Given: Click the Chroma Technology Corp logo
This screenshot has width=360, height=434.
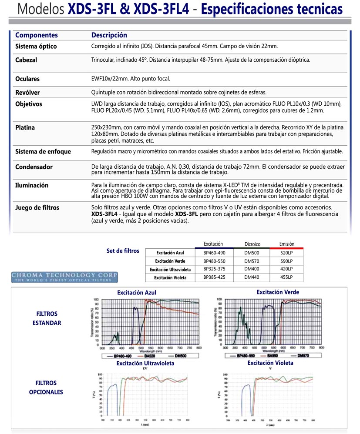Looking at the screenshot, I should pyautogui.click(x=64, y=277).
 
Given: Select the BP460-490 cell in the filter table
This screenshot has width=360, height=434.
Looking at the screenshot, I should pyautogui.click(x=214, y=252).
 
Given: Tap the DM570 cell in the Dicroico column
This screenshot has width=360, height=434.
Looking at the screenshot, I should pyautogui.click(x=251, y=261).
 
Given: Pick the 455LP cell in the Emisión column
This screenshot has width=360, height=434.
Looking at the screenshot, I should pyautogui.click(x=286, y=277).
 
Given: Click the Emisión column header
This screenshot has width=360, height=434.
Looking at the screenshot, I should pyautogui.click(x=286, y=244).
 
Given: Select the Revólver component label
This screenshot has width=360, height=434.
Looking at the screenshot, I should pyautogui.click(x=27, y=93).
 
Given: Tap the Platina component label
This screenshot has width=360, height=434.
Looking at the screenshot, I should pyautogui.click(x=25, y=128).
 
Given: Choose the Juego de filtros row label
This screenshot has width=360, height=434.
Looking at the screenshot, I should pyautogui.click(x=37, y=207).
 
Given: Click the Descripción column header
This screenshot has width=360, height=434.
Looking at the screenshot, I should pyautogui.click(x=109, y=35).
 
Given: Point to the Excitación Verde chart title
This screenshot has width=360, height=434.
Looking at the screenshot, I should pyautogui.click(x=278, y=292).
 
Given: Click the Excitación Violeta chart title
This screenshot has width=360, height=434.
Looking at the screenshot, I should pyautogui.click(x=270, y=363).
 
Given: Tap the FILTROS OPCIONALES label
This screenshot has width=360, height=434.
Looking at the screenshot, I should pyautogui.click(x=46, y=387).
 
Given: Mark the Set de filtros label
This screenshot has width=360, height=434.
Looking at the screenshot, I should pyautogui.click(x=123, y=251).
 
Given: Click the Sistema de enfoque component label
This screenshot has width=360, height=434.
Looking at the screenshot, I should pyautogui.click(x=43, y=152).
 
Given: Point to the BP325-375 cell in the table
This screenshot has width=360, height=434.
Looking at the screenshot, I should pyautogui.click(x=214, y=269).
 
